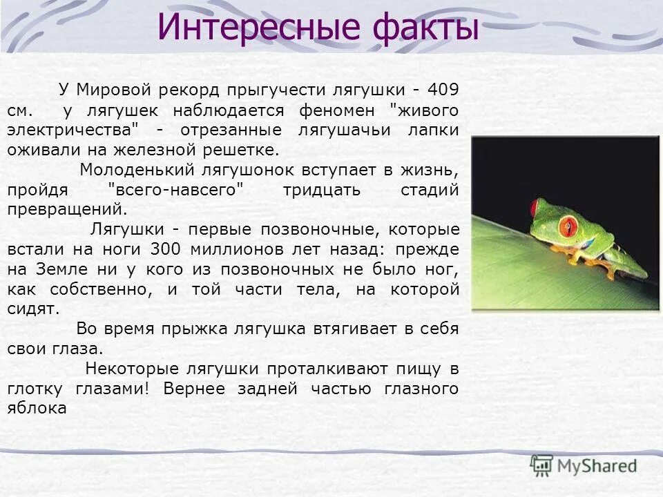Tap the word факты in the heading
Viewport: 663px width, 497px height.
[x=425, y=28]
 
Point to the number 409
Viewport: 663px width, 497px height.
[x=443, y=90]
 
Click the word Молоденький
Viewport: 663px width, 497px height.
[x=137, y=170]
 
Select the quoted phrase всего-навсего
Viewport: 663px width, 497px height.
[x=177, y=190]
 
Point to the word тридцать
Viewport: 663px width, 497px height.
[x=321, y=190]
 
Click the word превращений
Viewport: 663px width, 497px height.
[x=67, y=209]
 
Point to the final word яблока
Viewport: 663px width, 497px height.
[x=37, y=408]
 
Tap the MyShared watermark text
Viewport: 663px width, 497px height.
[x=597, y=467]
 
